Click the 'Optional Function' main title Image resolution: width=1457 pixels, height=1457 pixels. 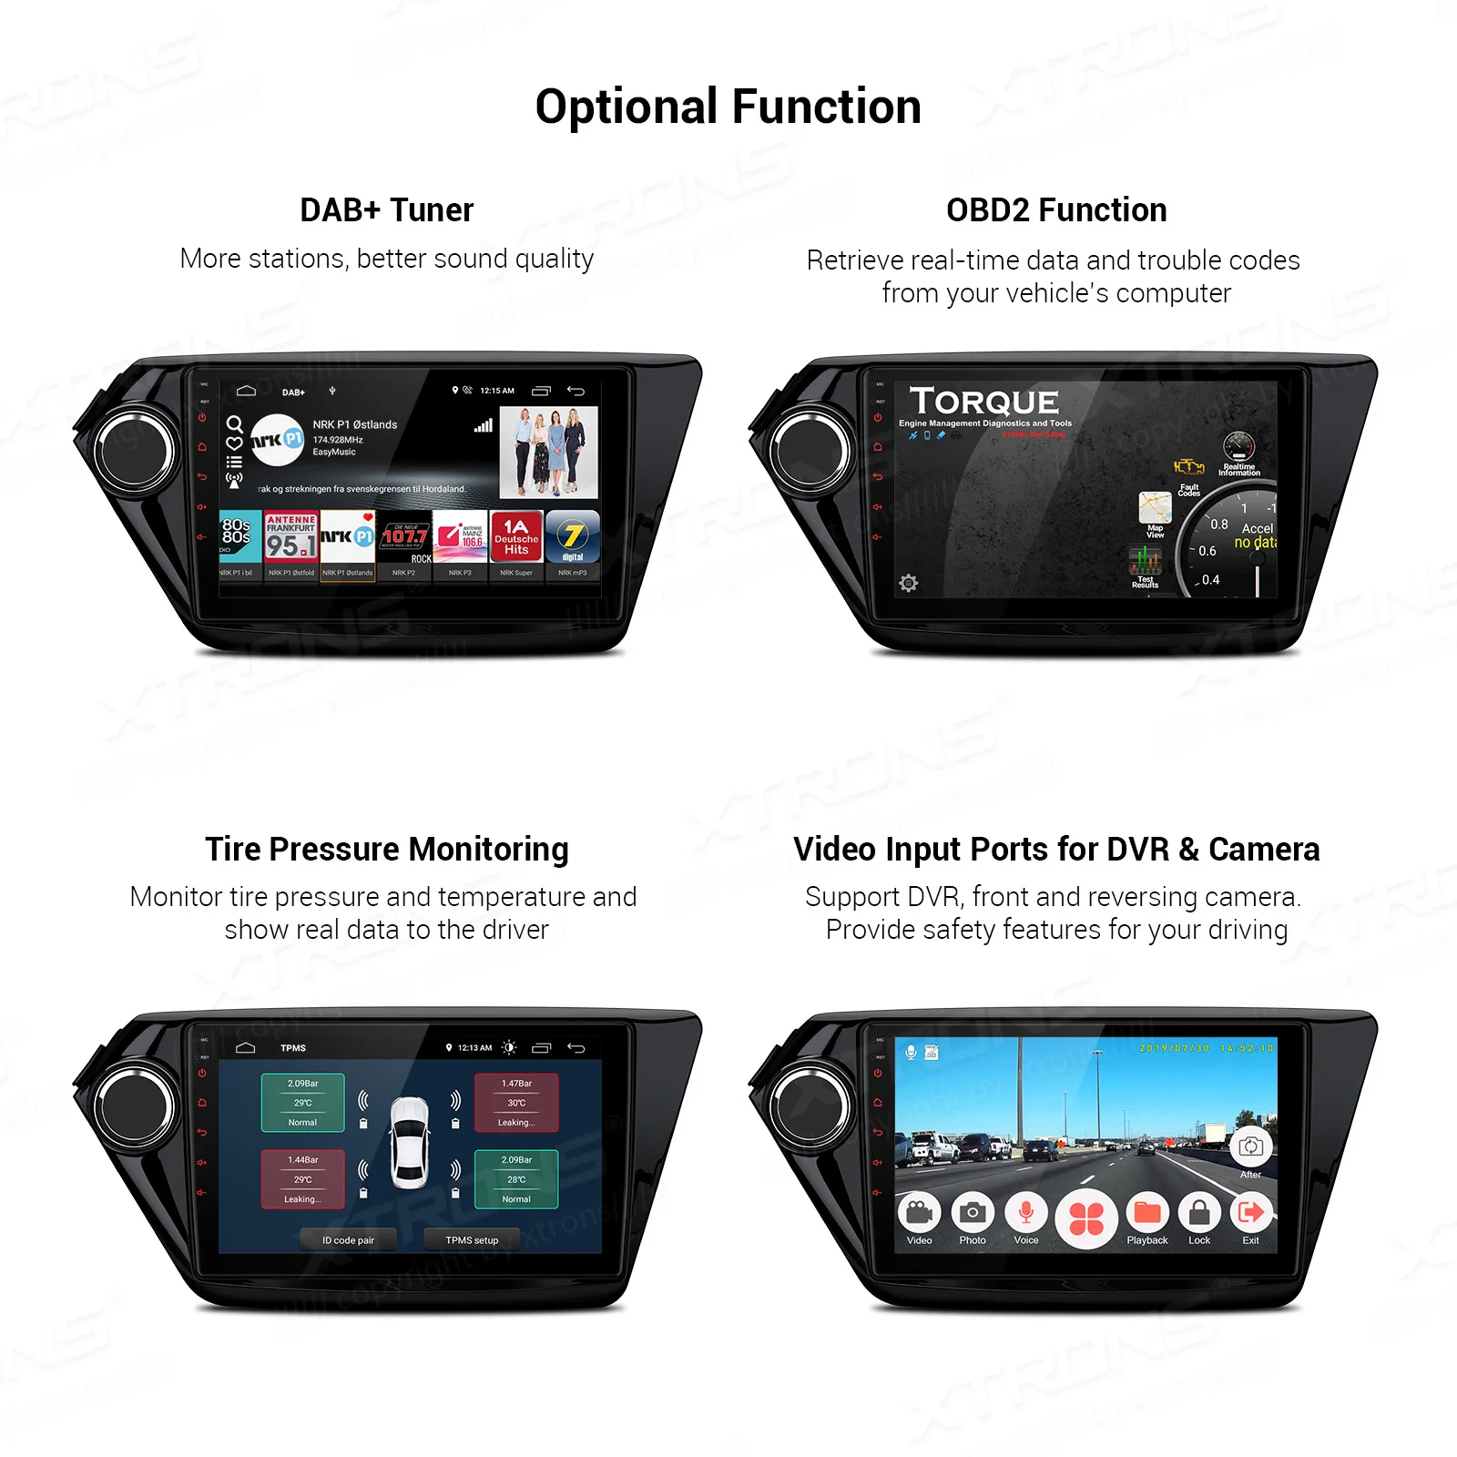[728, 107]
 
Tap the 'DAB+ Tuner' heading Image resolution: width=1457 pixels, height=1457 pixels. [386, 210]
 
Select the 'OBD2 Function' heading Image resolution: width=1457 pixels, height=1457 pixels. [1055, 210]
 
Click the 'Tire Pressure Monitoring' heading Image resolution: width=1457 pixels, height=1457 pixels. [386, 849]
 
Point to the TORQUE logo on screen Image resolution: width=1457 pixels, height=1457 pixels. [983, 402]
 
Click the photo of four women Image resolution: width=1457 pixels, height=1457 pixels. [548, 452]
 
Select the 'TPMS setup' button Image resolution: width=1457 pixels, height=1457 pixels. [472, 1239]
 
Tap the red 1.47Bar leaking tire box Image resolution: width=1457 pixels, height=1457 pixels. [515, 1103]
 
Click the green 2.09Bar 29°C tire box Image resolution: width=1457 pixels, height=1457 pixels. [302, 1103]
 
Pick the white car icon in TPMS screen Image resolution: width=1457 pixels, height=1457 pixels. [409, 1142]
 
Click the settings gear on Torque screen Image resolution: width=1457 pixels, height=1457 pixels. [908, 583]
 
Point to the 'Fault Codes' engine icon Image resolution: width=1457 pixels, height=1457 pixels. [1188, 468]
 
